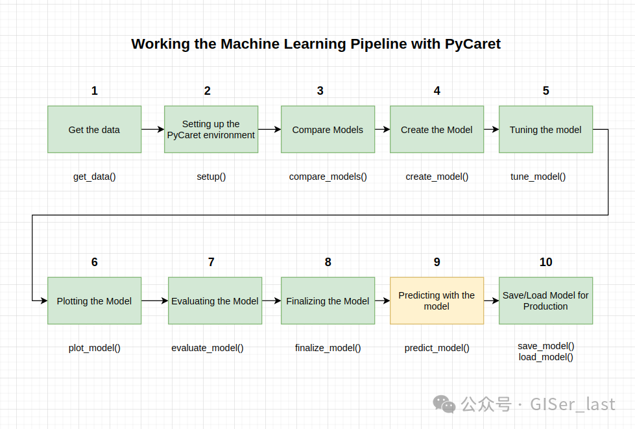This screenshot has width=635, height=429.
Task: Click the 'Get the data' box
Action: [x=94, y=130]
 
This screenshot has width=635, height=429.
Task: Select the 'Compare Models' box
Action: [x=328, y=130]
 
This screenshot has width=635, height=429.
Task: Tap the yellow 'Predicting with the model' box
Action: [x=437, y=300]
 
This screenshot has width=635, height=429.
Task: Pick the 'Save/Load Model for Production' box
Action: [x=546, y=300]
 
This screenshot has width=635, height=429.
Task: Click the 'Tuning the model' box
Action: [x=546, y=130]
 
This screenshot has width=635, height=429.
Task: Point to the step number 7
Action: [x=211, y=262]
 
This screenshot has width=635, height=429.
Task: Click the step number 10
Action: [x=546, y=262]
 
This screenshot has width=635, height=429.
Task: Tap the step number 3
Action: [x=320, y=91]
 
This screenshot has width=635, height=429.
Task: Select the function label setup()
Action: [x=211, y=177]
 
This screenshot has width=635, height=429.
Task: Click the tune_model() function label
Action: [x=538, y=177]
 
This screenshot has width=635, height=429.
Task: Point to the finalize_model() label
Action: [x=328, y=348]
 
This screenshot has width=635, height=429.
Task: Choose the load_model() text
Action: [x=546, y=357]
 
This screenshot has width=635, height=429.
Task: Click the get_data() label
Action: [x=94, y=177]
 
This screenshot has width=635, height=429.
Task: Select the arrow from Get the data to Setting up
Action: [x=153, y=129]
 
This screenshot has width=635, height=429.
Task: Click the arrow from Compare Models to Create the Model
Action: [x=383, y=129]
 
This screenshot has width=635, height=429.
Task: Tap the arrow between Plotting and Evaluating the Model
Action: [x=155, y=300]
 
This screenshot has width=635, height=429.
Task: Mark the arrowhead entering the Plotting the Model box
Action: [x=44, y=300]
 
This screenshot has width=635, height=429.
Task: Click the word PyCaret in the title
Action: [x=473, y=44]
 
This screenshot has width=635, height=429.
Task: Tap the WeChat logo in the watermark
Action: [x=444, y=404]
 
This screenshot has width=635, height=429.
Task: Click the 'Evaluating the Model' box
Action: [x=215, y=300]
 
